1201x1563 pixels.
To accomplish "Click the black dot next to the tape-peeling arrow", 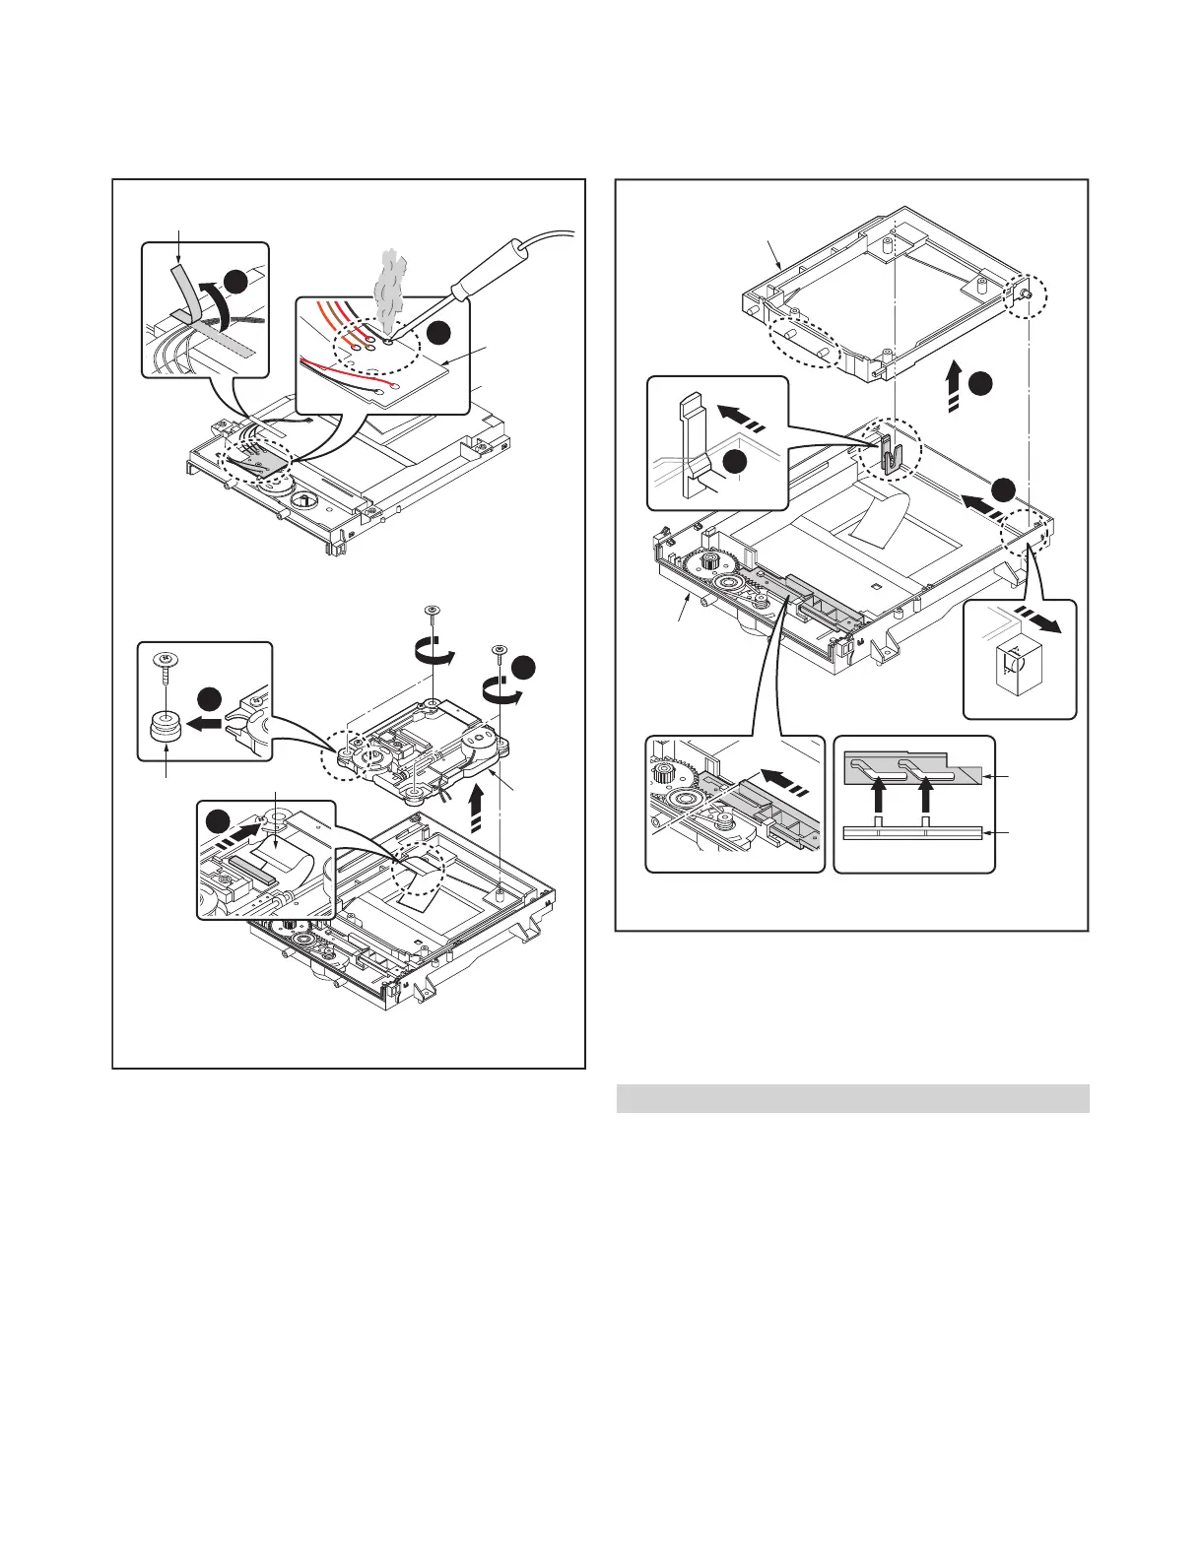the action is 234,281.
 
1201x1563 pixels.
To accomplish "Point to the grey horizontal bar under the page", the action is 852,1098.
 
